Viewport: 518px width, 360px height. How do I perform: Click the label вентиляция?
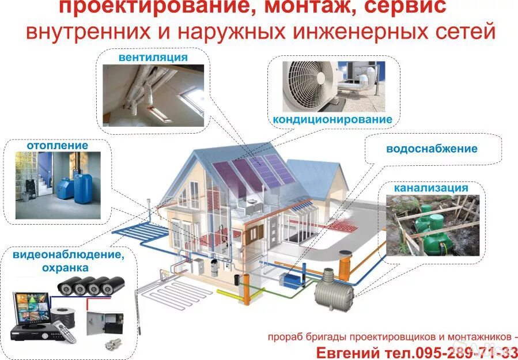coord(153,58)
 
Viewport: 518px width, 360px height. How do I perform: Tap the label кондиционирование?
coord(332,120)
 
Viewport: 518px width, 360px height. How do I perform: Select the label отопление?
coord(57,145)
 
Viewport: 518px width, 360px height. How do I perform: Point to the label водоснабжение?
coord(432,149)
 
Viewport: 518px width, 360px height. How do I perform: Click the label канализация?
coord(431,188)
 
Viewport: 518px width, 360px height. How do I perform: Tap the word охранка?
coord(65,268)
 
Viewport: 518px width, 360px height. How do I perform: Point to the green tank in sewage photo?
coord(436,222)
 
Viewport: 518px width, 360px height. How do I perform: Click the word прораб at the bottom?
coord(285,336)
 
